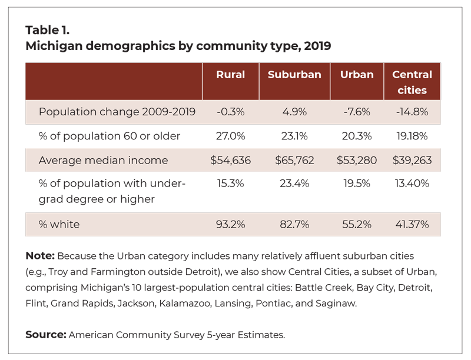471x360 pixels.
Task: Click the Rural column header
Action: pos(230,75)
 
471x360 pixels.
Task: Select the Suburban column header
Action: pos(294,75)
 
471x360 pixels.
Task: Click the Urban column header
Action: pos(357,75)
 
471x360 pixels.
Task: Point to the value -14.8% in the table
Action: pos(412,112)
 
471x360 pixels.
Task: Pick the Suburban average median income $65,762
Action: pos(294,160)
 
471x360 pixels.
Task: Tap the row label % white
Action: pos(59,224)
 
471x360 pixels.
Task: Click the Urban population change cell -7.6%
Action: pos(357,112)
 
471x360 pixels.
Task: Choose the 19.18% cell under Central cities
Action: pos(412,136)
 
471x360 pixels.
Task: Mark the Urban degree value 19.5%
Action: pos(357,184)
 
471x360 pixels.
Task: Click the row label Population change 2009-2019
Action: pos(117,112)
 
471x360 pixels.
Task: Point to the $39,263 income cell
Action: pos(412,160)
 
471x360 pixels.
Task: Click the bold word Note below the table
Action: pos(40,256)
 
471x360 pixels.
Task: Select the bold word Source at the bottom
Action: pos(46,335)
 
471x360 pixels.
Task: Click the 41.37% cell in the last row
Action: pos(412,224)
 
